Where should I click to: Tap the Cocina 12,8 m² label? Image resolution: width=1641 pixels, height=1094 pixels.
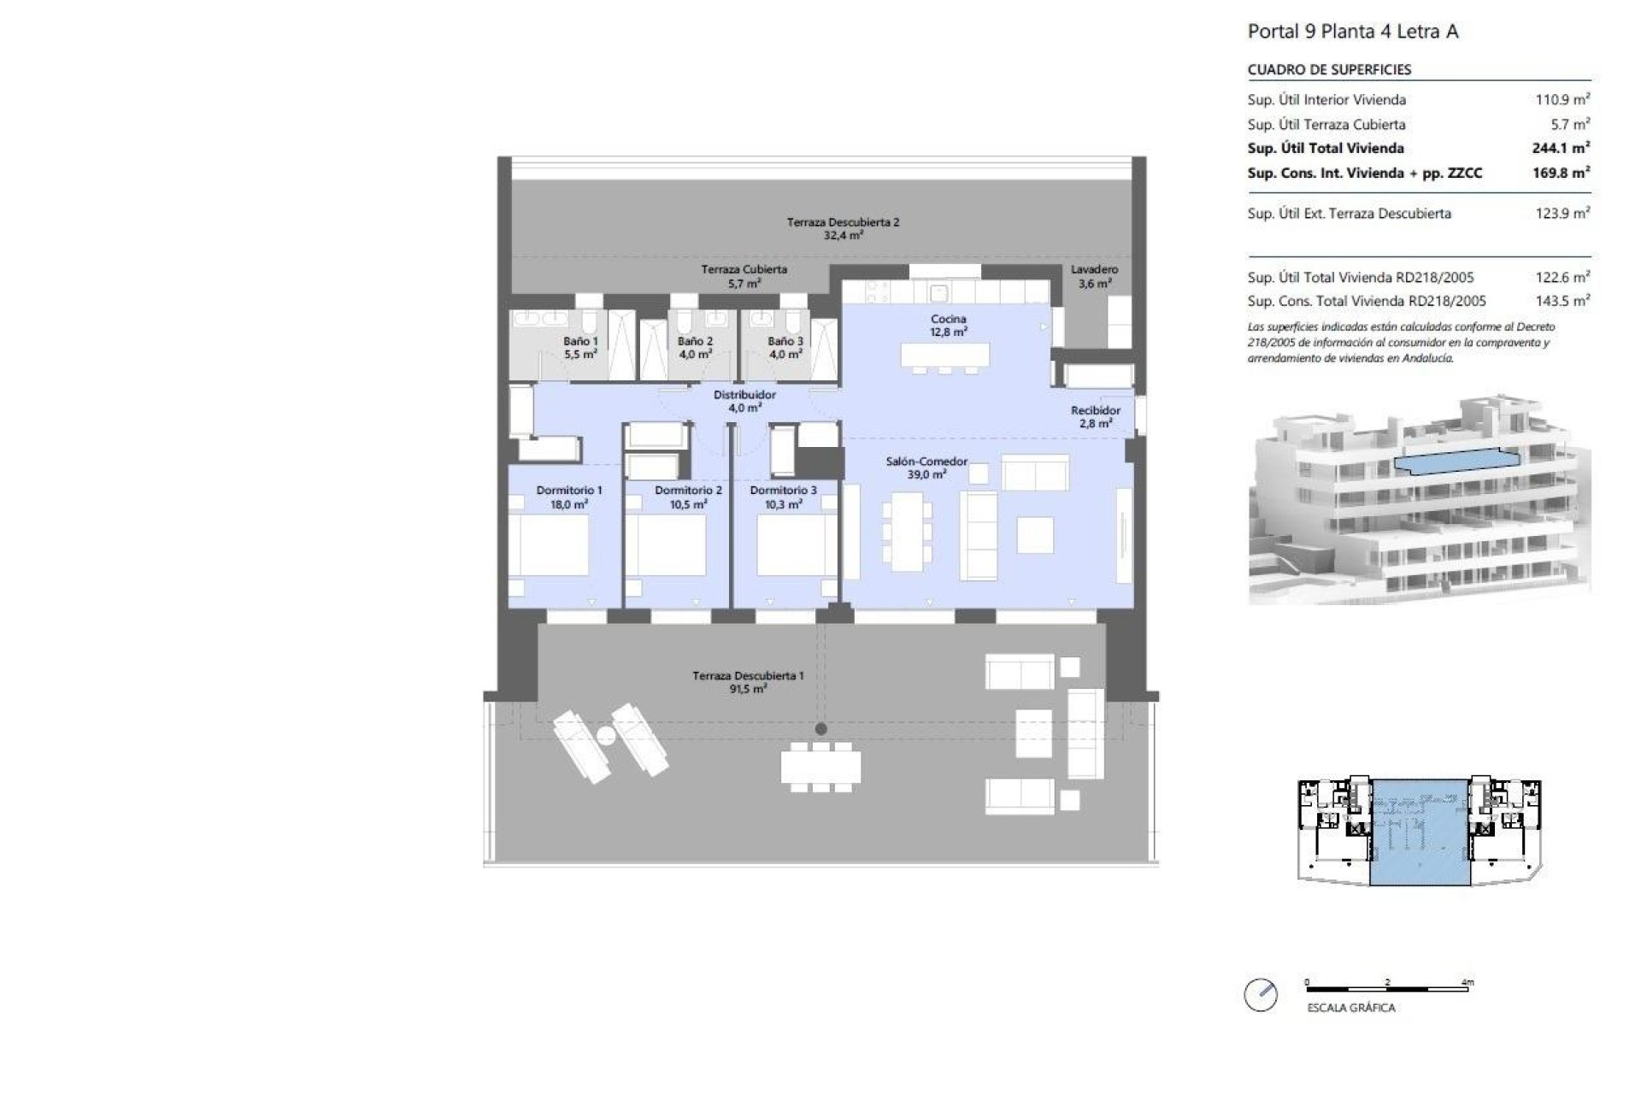948,325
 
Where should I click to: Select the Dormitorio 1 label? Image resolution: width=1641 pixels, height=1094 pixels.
569,497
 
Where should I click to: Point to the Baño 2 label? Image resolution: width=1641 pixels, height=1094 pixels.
695,347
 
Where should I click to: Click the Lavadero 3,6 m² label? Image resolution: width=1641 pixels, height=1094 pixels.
1094,276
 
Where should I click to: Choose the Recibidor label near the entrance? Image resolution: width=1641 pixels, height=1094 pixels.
1095,416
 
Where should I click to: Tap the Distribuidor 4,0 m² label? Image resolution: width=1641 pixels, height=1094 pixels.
744,401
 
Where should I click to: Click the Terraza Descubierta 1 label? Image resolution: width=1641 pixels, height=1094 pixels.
748,681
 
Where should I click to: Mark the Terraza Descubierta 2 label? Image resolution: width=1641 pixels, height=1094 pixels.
843,228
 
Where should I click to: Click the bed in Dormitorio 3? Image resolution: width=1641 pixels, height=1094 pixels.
791,544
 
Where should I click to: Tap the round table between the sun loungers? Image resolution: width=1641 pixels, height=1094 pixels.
606,736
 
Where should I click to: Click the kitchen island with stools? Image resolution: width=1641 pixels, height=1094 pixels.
944,356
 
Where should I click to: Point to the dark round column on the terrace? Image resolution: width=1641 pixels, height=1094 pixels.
820,729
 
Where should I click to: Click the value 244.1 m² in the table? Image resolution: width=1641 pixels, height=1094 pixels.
1561,148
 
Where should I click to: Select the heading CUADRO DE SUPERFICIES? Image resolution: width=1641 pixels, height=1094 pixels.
1329,69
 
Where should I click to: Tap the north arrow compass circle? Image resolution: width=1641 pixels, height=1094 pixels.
1261,995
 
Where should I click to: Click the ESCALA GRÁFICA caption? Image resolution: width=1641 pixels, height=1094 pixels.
1350,1008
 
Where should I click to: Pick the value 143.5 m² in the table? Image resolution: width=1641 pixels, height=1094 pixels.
1562,301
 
